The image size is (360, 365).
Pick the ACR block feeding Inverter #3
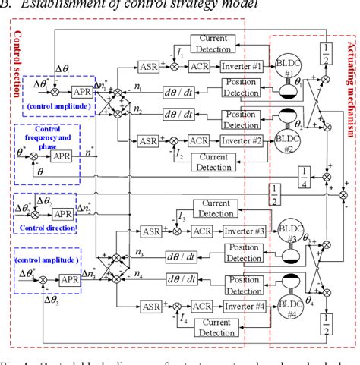[x=200, y=230]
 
